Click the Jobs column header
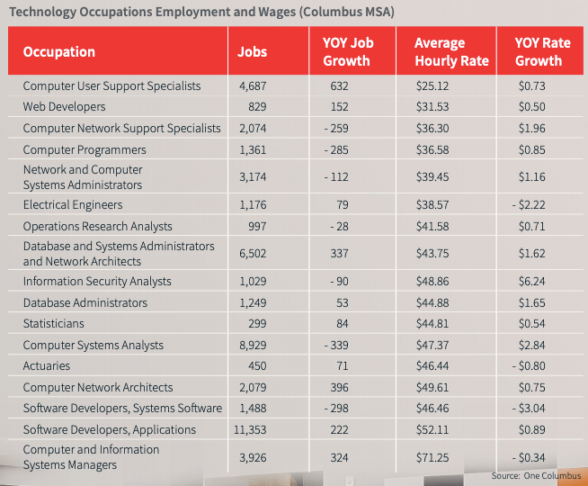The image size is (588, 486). point(252,51)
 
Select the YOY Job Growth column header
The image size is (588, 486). point(346,52)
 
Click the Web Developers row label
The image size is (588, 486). point(58,107)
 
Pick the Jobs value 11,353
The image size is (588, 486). point(257,429)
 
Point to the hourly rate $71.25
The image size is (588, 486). point(451,457)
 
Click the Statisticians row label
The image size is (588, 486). point(53,324)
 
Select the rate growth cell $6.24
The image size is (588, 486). point(539,282)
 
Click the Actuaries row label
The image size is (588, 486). point(46,366)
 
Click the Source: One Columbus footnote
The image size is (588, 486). point(536,475)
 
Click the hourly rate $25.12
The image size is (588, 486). point(451,86)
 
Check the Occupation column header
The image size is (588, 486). point(59,51)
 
